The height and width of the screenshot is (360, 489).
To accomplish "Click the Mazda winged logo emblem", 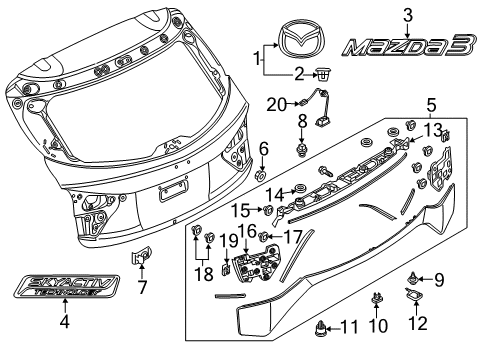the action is pyautogui.click(x=302, y=38).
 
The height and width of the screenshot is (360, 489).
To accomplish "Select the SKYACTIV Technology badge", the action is pyautogui.click(x=67, y=287).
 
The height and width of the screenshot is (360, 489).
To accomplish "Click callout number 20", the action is pyautogui.click(x=276, y=106).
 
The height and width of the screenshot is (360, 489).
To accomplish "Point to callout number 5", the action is pyautogui.click(x=431, y=105).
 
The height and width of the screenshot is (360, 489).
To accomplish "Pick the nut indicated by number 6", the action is pyautogui.click(x=261, y=175).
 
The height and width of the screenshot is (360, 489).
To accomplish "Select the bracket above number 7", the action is pyautogui.click(x=141, y=255).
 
